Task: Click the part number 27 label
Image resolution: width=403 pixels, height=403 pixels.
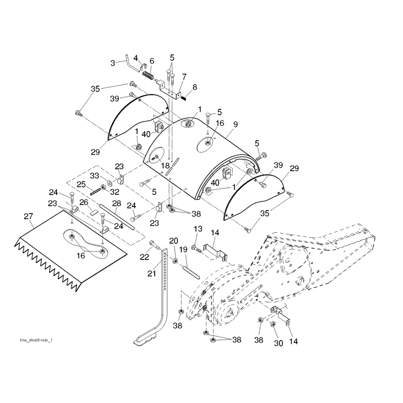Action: pyautogui.click(x=28, y=217)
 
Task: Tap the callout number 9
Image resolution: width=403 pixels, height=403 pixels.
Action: pyautogui.click(x=235, y=124)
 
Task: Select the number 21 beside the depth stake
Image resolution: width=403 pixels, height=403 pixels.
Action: pyautogui.click(x=152, y=274)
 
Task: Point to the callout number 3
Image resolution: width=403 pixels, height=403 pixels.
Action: pyautogui.click(x=112, y=63)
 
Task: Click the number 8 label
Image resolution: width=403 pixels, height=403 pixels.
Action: pyautogui.click(x=194, y=87)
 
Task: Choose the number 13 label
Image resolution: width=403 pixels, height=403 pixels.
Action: pyautogui.click(x=198, y=229)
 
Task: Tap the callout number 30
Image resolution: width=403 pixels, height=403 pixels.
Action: pyautogui.click(x=279, y=343)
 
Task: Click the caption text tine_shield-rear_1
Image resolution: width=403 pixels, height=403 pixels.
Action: pyautogui.click(x=36, y=341)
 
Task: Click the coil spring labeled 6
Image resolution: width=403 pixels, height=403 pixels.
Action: pyautogui.click(x=148, y=75)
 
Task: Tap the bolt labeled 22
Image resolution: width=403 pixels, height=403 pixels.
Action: pyautogui.click(x=155, y=244)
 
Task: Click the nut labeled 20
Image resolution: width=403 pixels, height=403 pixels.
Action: pyautogui.click(x=174, y=261)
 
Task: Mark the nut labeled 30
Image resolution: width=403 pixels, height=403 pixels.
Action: pyautogui.click(x=273, y=324)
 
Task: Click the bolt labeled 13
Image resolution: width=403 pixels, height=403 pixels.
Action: pyautogui.click(x=197, y=249)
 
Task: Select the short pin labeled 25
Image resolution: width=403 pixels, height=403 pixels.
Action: pyautogui.click(x=95, y=192)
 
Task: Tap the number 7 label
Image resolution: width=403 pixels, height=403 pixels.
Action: pyautogui.click(x=184, y=77)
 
